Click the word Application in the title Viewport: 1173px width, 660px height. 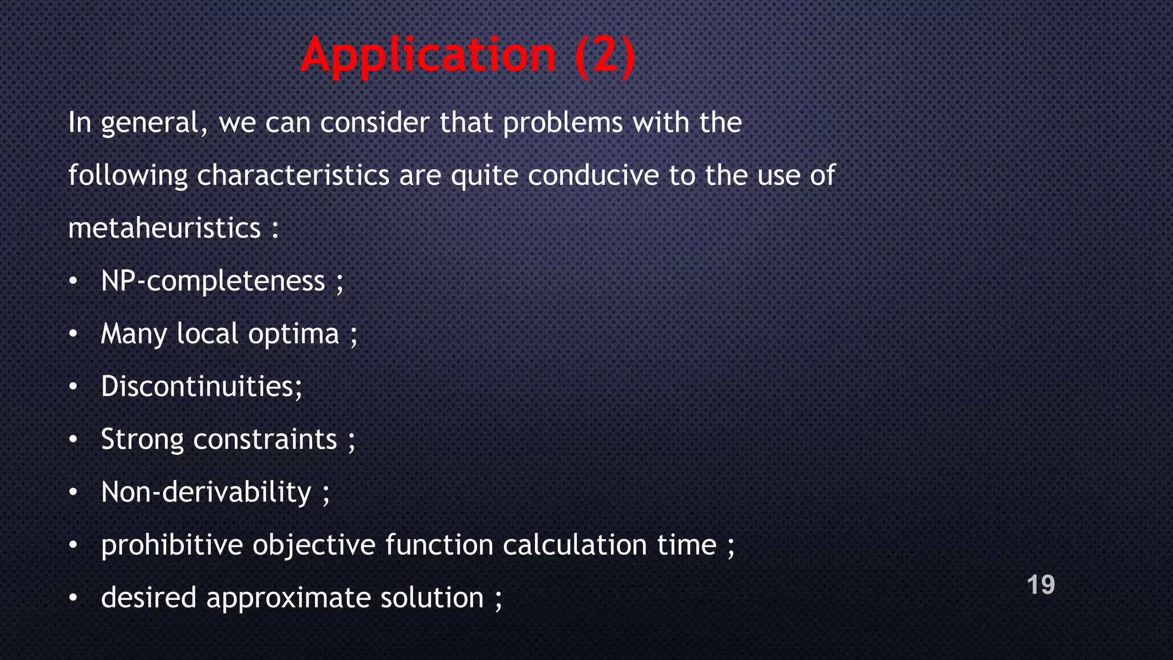coord(428,56)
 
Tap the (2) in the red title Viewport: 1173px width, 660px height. coord(605,56)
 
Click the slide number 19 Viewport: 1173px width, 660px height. coord(1041,585)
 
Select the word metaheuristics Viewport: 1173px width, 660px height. coord(164,229)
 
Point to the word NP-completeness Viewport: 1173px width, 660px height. coord(212,281)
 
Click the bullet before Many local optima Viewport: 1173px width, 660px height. coord(73,334)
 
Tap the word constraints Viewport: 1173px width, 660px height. coord(265,440)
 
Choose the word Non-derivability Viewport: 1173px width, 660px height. coord(206,493)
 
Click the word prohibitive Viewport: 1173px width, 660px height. coord(172,545)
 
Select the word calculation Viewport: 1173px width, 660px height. coord(574,545)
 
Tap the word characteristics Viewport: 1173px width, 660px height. coord(293,175)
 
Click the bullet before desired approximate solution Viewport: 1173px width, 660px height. coord(73,598)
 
